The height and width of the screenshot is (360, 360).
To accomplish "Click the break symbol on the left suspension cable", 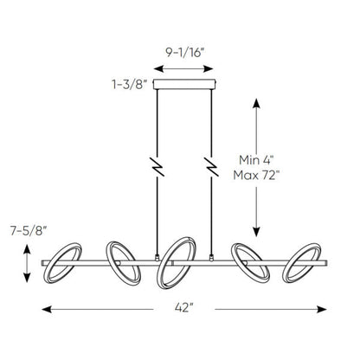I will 157,164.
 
